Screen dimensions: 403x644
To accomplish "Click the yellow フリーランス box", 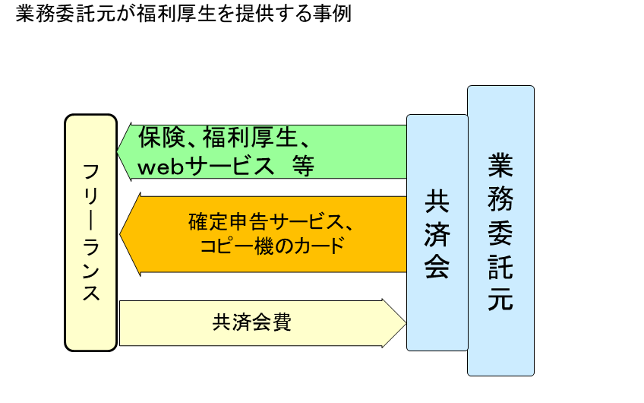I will pos(91,232).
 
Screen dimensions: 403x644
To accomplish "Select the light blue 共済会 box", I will pos(437,232).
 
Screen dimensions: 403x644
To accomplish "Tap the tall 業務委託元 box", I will pos(500,230).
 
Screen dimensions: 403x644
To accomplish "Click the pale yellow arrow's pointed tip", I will pos(405,322).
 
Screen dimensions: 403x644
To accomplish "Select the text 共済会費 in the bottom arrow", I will pos(252,322).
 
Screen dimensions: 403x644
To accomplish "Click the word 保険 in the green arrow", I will pos(158,138).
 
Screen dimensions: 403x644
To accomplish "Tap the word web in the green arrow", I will pos(163,166).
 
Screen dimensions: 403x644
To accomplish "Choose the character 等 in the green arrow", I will pos(302,166).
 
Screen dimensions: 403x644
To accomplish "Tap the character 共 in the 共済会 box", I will pos(437,201).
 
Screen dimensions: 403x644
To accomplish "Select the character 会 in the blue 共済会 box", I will pos(437,266).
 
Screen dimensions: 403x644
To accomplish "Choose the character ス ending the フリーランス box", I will pos(91,292).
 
